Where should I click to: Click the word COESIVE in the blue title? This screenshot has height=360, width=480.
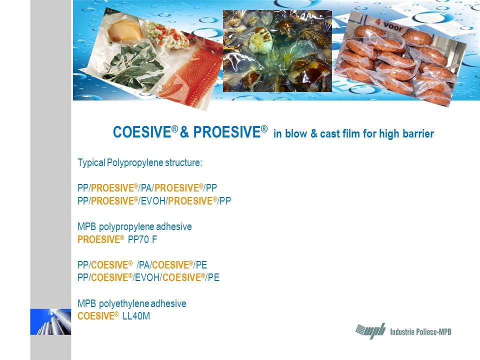coord(141,132)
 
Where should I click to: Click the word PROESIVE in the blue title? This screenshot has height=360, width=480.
coord(227,132)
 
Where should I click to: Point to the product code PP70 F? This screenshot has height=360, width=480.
coord(142,239)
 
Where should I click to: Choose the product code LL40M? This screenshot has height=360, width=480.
coord(136,316)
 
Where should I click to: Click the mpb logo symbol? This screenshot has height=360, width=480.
coord(370,331)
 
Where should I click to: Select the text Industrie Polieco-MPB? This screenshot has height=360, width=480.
coord(420,332)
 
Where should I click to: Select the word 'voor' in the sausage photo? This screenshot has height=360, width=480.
coord(393,26)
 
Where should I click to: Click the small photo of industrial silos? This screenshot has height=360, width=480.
coord(50,321)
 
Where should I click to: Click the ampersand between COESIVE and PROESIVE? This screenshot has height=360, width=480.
coord(184,132)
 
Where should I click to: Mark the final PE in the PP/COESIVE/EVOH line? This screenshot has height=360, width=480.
coord(213,277)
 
